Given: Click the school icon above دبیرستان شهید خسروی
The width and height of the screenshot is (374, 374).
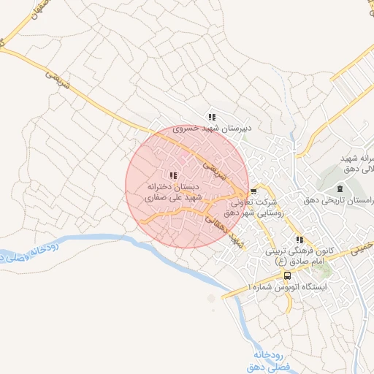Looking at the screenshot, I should click(212, 116).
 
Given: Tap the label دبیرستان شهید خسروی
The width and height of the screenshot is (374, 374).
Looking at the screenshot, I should click(212, 127).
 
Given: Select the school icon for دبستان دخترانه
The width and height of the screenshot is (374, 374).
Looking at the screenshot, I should click(173, 175).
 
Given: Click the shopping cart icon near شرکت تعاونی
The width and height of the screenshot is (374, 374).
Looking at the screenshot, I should click(253, 191).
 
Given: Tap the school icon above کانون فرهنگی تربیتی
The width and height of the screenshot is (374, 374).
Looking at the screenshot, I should click(299, 240).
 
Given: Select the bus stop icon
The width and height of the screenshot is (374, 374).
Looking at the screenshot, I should click(287, 275).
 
